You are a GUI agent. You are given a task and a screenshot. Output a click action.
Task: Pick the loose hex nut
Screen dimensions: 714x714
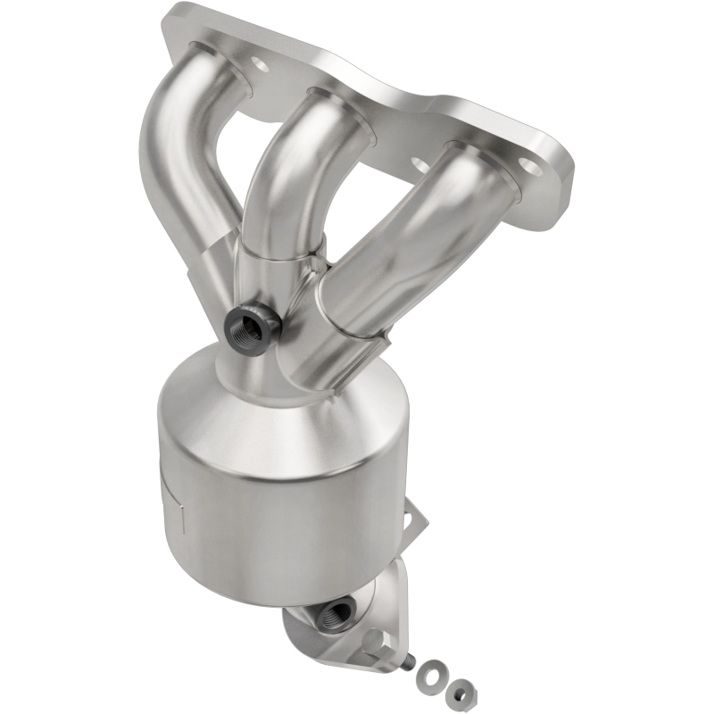point(459,689)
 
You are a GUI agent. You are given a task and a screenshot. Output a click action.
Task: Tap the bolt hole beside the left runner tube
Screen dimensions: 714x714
point(259,64)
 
